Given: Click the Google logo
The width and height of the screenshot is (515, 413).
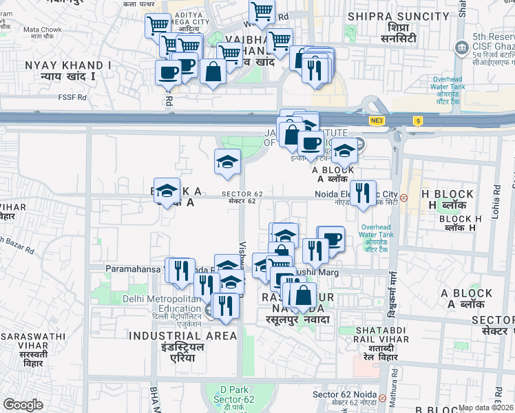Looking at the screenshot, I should pyautogui.click(x=23, y=405).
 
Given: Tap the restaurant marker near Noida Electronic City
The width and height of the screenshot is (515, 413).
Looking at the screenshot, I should pyautogui.click(x=363, y=193).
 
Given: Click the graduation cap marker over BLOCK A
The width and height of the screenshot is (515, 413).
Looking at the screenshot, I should pyautogui.click(x=167, y=191).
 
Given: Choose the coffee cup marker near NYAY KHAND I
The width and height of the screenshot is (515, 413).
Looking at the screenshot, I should pyautogui.click(x=167, y=71).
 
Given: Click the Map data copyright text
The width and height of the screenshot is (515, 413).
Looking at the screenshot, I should pyautogui.click(x=486, y=407).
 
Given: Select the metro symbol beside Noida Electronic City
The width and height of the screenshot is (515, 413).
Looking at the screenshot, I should pyautogui.click(x=404, y=197).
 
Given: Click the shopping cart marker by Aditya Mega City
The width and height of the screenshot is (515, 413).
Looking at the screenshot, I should pyautogui.click(x=158, y=26).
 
